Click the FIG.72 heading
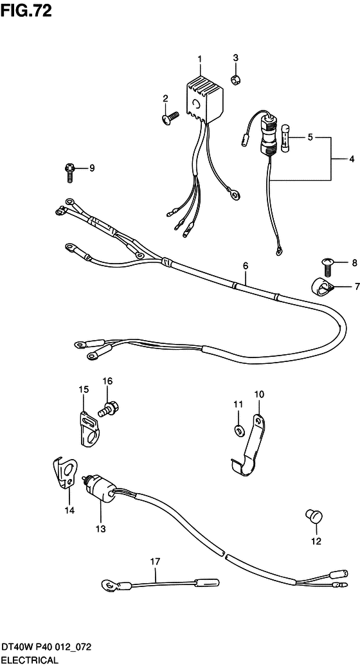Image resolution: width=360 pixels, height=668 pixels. (x=26, y=10)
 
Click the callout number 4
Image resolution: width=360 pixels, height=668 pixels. (x=352, y=159)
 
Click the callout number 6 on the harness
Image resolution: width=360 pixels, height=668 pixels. (x=246, y=266)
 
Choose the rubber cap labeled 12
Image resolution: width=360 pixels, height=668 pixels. (x=313, y=517)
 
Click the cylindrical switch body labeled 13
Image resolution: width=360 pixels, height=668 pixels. (x=100, y=485)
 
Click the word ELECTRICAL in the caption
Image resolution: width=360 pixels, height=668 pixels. (x=29, y=661)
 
